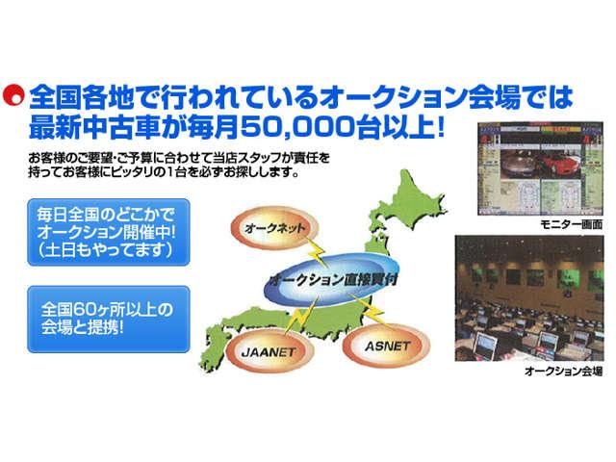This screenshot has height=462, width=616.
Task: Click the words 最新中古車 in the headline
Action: (x=80, y=126)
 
